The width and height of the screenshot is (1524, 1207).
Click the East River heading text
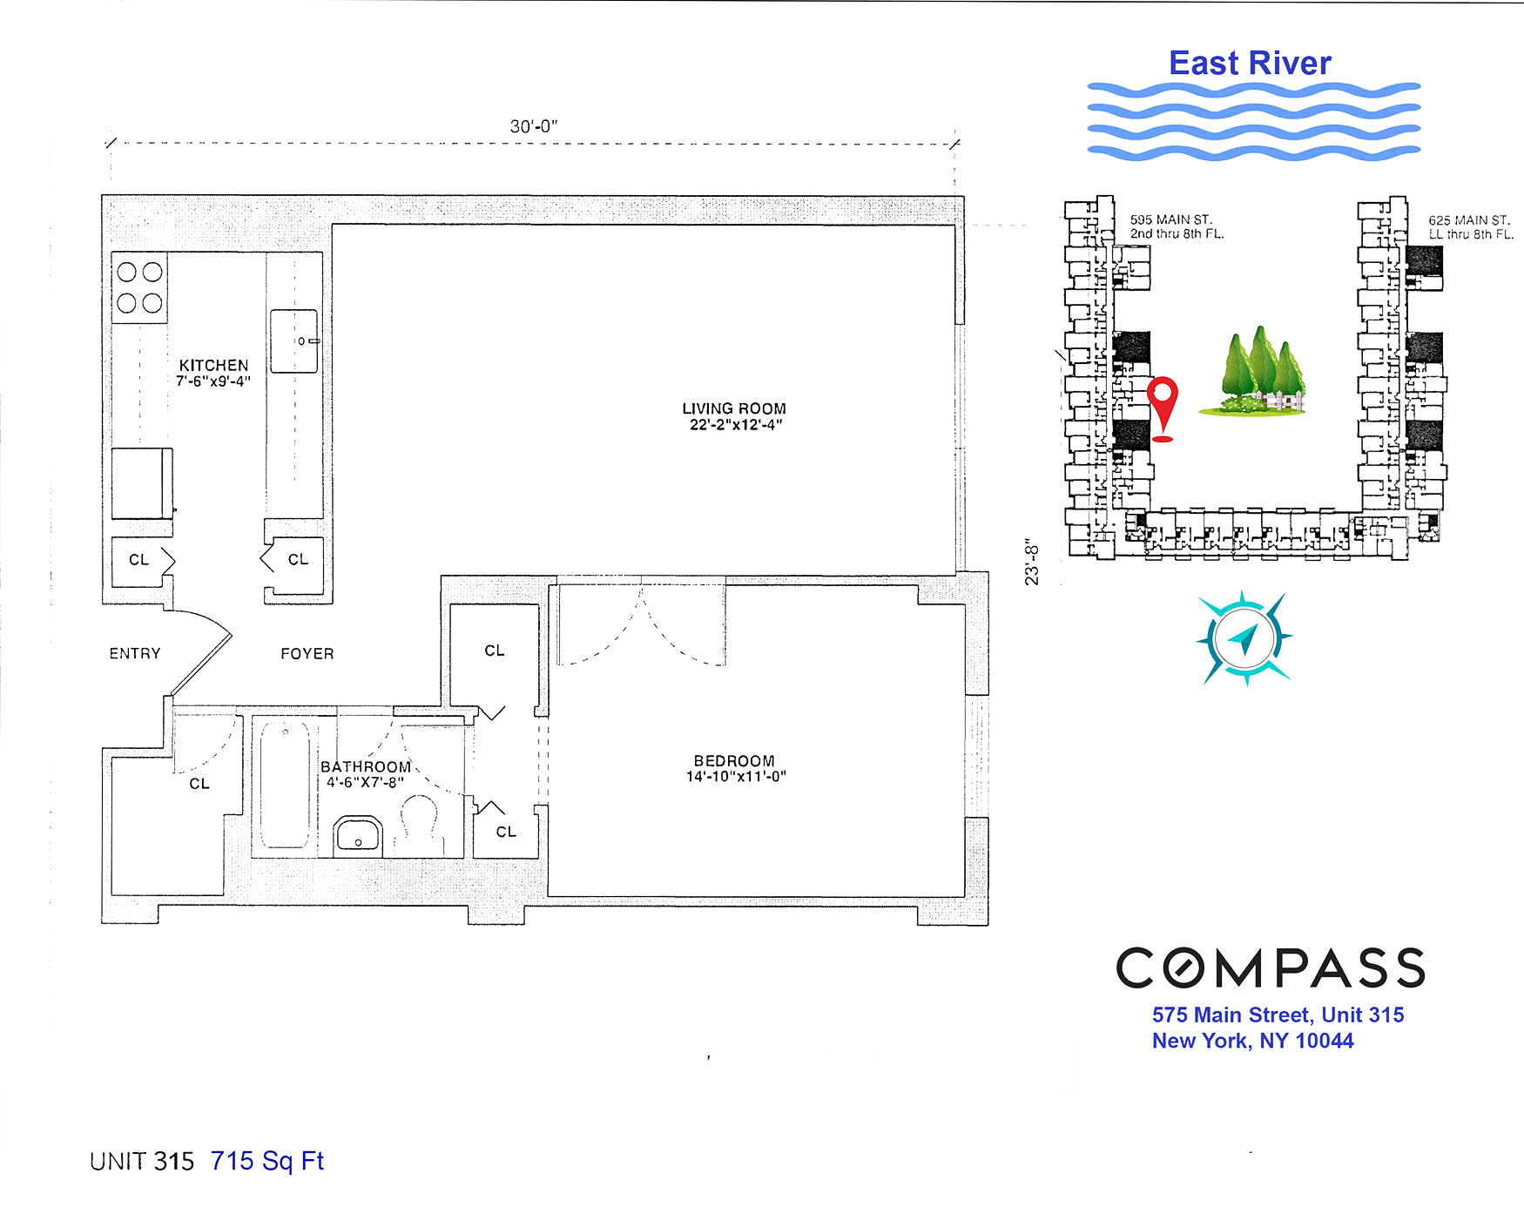pos(1250,64)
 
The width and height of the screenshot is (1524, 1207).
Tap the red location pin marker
pos(1163,402)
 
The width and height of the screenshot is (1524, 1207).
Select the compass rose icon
pos(1244,639)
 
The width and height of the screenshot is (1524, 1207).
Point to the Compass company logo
pos(1271,968)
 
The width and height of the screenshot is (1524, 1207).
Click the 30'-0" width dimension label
pos(533,126)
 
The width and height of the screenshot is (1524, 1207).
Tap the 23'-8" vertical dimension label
pos(1032,562)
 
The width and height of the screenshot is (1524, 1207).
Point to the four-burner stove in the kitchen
pos(139,287)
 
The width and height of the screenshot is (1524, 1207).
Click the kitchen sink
pos(293,341)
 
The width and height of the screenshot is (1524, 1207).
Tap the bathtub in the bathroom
pos(285,785)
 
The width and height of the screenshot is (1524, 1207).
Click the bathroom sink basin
pos(358,836)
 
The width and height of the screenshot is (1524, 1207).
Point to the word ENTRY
pos(135,653)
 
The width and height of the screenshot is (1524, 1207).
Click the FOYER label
pos(307,653)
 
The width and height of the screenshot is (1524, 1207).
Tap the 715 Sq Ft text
pos(266,1161)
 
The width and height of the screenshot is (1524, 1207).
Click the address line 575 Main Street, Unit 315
pos(1278,1015)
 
